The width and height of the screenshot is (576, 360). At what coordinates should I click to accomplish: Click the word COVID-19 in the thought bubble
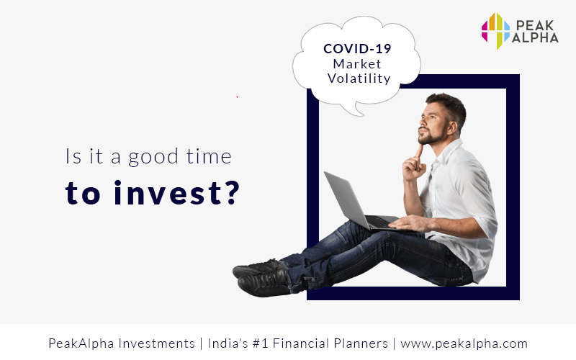click(357, 48)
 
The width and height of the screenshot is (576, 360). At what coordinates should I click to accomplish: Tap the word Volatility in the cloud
click(359, 78)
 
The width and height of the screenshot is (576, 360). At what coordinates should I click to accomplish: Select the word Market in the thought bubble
click(357, 64)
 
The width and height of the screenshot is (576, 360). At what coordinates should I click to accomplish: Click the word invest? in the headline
click(176, 192)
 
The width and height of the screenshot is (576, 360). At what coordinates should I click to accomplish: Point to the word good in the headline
click(153, 158)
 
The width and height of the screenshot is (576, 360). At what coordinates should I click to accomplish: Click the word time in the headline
click(209, 156)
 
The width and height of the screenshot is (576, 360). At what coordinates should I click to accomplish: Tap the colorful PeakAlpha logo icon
click(495, 31)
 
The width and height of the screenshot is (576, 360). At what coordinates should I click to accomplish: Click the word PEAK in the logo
click(535, 25)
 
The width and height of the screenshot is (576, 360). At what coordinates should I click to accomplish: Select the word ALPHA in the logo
click(535, 37)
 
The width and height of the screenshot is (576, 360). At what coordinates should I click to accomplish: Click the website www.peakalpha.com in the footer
click(464, 343)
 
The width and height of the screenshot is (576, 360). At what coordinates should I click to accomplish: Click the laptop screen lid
click(346, 199)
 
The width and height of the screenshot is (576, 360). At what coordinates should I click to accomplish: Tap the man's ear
click(451, 128)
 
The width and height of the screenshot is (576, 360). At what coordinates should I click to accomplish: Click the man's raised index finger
click(419, 153)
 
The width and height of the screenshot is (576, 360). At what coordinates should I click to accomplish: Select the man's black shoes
click(262, 278)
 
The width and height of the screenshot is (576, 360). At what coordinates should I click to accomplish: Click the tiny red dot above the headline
click(238, 97)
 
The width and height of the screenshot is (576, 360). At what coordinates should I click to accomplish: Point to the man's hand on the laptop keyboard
click(407, 222)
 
